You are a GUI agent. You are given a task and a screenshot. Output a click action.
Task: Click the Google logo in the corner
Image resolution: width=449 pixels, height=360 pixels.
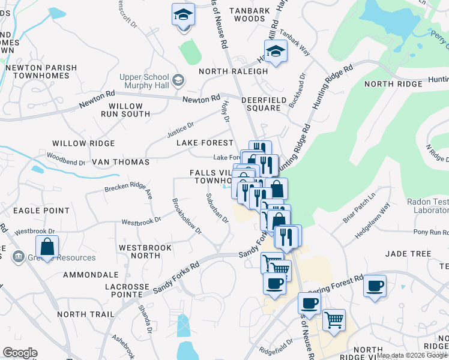(x=20, y=353)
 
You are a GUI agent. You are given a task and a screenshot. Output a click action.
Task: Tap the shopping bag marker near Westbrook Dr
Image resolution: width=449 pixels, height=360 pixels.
(x=47, y=247)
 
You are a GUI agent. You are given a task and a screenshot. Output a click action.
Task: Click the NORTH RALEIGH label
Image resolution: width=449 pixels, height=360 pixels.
(x=233, y=71)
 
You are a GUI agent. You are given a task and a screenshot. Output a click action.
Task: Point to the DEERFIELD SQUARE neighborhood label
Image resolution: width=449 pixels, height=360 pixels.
(x=261, y=104)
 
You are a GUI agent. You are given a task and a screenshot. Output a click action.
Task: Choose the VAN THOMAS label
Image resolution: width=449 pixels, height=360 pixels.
(x=120, y=162)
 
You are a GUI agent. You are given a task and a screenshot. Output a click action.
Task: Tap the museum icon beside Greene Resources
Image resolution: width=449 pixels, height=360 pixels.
(x=19, y=257)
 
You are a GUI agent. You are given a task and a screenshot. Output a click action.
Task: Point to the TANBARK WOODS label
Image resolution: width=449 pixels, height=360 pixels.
(x=244, y=14)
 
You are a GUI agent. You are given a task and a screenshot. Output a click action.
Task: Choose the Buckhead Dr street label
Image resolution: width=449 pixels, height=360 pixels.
(x=298, y=90)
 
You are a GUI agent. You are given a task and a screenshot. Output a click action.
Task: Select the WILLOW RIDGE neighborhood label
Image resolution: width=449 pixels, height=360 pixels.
(x=83, y=143)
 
